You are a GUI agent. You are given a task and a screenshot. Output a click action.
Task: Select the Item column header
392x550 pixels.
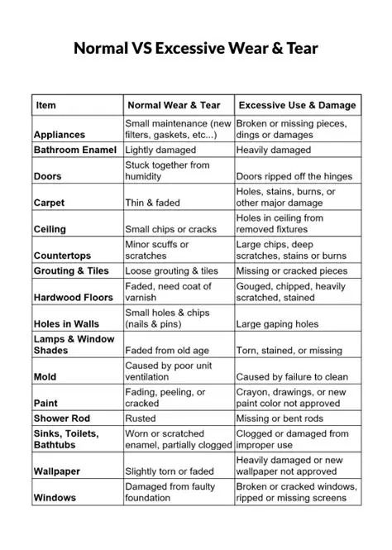46,105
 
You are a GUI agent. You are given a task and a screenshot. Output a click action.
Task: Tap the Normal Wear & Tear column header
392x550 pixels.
173,105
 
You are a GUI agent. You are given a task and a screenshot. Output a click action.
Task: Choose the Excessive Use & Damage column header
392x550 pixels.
297,105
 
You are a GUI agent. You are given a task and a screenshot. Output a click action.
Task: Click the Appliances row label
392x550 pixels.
60,134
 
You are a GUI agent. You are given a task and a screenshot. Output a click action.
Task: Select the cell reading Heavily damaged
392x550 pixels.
274,150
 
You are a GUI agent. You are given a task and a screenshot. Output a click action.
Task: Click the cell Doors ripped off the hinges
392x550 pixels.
294,176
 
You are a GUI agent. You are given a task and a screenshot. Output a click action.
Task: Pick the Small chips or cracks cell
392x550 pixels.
170,229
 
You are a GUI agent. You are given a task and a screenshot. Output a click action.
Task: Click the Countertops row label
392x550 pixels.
63,256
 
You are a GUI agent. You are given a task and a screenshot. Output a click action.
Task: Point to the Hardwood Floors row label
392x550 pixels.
73,297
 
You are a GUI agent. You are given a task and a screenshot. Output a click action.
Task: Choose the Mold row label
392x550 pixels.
45,376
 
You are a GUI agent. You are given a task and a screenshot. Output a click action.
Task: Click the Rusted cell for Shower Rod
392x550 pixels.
141,418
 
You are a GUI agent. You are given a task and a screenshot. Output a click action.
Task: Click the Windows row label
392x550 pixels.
55,497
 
